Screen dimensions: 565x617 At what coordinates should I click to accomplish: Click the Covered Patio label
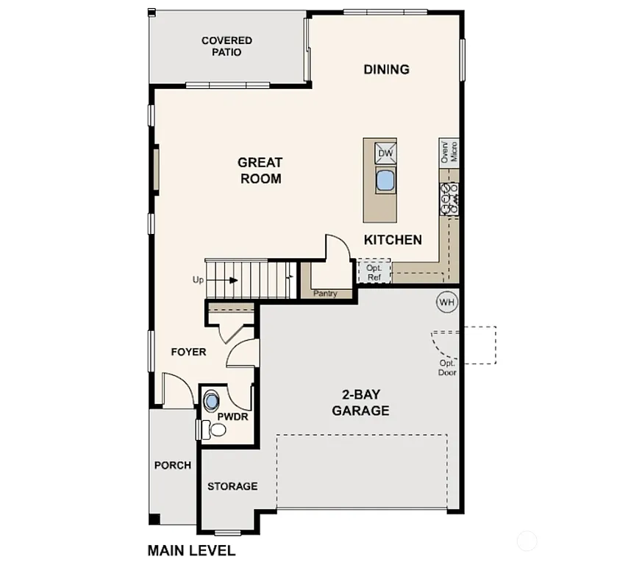coord(227,46)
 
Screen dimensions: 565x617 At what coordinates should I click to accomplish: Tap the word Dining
coord(386,70)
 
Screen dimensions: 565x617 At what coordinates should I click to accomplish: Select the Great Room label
coord(260,170)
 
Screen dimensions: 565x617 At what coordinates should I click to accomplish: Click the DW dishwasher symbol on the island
coord(386,153)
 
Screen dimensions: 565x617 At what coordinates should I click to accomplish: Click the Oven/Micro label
coord(449,152)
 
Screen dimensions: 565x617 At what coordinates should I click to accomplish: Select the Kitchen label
coord(393,240)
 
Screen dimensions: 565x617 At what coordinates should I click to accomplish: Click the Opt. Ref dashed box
coord(374,272)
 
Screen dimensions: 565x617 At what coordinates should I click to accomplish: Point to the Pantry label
coord(325,294)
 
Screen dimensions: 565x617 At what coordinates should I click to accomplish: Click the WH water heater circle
coord(446,302)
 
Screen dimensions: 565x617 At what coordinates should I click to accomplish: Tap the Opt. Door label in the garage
coord(447,368)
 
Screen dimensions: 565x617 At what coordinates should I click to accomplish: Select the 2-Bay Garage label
coord(360,402)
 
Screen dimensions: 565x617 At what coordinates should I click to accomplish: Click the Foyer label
coord(188,352)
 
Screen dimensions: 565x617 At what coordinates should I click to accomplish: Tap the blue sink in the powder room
coord(213,401)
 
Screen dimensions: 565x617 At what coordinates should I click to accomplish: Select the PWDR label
coord(232,416)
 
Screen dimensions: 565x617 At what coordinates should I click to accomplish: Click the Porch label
coord(173,465)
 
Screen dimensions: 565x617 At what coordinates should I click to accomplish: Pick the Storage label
coord(232,486)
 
